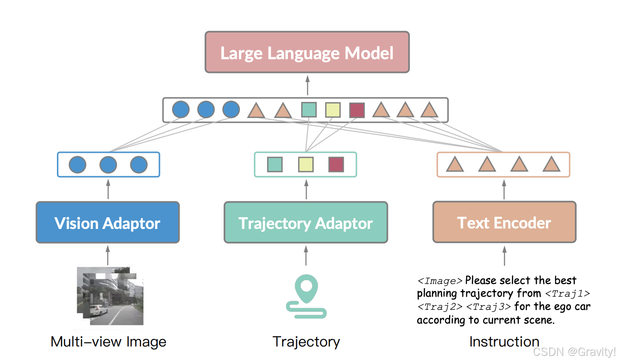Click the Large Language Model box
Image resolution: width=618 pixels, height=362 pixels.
[x=307, y=52]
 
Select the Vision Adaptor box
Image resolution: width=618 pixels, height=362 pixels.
[x=108, y=222]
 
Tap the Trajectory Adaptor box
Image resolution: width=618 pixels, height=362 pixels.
[x=306, y=222]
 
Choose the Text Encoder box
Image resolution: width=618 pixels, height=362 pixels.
[x=504, y=222]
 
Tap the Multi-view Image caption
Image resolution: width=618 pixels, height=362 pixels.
[x=108, y=342]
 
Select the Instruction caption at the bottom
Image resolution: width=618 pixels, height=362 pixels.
[x=504, y=342]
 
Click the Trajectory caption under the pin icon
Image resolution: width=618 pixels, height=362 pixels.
[x=306, y=342]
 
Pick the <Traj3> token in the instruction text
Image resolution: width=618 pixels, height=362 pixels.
[x=488, y=307]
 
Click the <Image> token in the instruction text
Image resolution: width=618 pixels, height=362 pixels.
[x=440, y=281]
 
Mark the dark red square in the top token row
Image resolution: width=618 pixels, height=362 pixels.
[x=357, y=110]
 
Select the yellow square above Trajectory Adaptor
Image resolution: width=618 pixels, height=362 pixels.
[x=306, y=165]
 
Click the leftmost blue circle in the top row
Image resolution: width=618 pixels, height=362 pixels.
[x=181, y=110]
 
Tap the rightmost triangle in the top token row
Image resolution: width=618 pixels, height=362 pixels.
[x=429, y=110]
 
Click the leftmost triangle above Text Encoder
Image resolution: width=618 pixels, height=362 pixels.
[x=455, y=165]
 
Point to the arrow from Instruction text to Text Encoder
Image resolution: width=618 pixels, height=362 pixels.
[x=504, y=257]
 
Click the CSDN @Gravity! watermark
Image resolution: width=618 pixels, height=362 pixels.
[x=574, y=352]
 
